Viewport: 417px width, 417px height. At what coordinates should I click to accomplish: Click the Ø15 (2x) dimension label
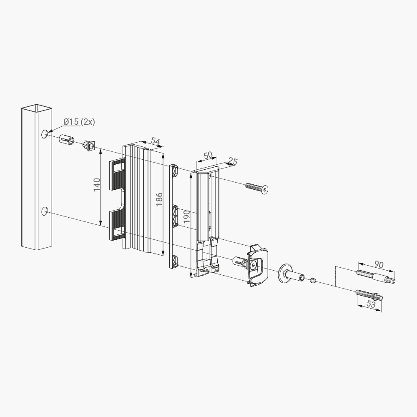click(x=79, y=122)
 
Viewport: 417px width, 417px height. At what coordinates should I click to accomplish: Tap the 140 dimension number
click(x=97, y=185)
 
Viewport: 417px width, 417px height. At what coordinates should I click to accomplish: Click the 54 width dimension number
click(x=155, y=142)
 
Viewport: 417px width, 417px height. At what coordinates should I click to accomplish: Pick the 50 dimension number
click(x=208, y=156)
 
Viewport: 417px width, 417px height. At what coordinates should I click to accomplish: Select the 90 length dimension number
click(x=379, y=264)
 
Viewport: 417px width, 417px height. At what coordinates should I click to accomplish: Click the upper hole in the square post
click(x=45, y=134)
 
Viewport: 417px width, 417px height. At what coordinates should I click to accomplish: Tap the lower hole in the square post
click(x=45, y=211)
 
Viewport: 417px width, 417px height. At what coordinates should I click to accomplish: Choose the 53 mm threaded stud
click(x=369, y=295)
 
